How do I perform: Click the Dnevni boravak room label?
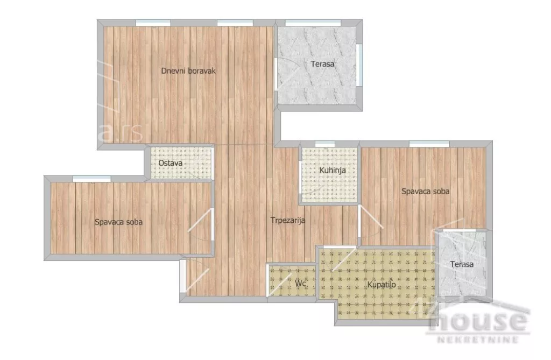[188, 70]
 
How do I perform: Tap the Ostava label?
[170, 163]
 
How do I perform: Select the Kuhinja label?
[333, 170]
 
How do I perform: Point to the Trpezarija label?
[288, 221]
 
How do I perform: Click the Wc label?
[300, 284]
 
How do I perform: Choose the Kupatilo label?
[382, 285]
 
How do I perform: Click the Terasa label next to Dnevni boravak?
[322, 64]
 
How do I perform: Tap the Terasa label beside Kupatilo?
[462, 264]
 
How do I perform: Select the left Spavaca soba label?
[118, 222]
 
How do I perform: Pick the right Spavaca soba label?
[425, 191]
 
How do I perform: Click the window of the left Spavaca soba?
[91, 179]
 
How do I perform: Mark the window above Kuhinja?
[324, 144]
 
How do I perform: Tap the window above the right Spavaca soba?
[429, 144]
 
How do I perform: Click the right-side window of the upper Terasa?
[359, 65]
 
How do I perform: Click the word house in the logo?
[479, 320]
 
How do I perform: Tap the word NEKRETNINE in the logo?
[478, 339]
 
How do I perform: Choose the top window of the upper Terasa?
[313, 23]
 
